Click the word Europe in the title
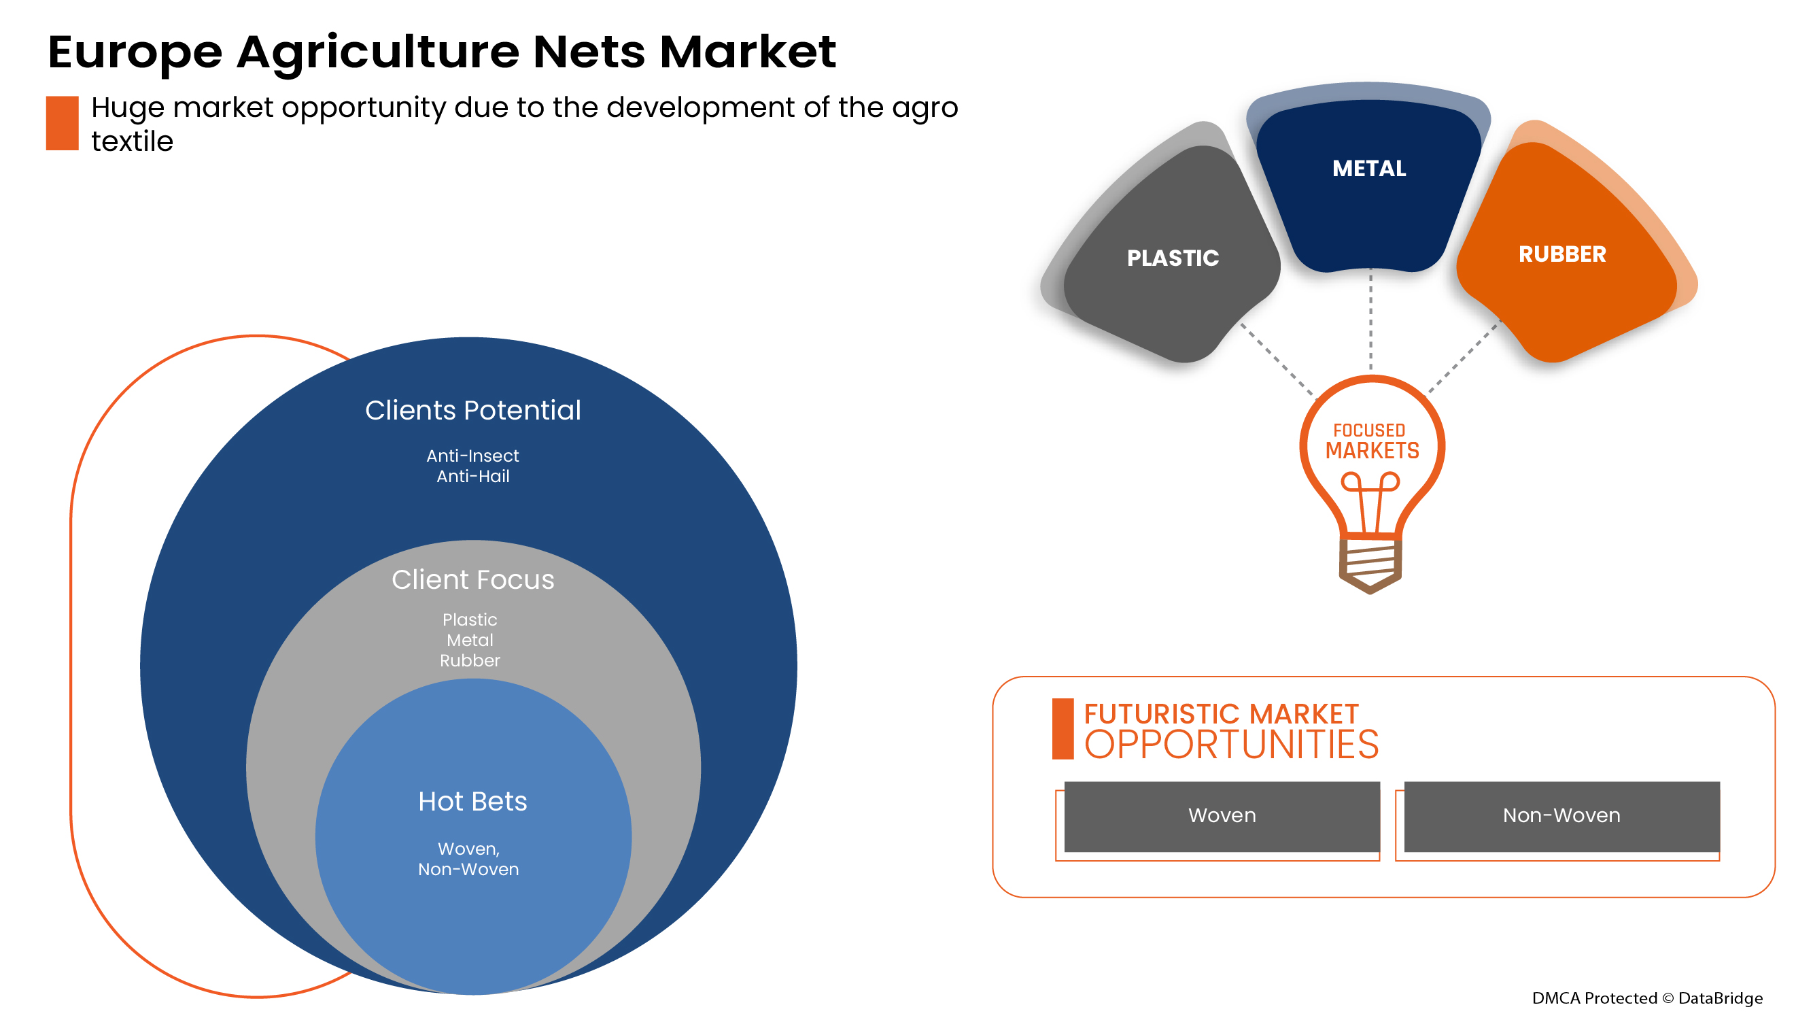135,53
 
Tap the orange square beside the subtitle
62,123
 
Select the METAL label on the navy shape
1369,168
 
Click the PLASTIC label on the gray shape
1173,258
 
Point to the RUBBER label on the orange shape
1561,254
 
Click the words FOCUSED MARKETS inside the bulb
1372,441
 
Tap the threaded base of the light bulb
1370,562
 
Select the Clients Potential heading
473,411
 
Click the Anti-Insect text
472,456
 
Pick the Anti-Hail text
473,477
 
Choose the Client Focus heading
473,579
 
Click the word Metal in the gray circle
470,640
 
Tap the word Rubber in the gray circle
470,660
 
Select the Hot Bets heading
472,801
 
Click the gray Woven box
1222,816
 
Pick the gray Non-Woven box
1561,816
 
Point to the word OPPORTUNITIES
1231,745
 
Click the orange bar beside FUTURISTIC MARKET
1062,728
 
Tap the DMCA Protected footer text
1647,998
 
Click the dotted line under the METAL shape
1370,320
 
